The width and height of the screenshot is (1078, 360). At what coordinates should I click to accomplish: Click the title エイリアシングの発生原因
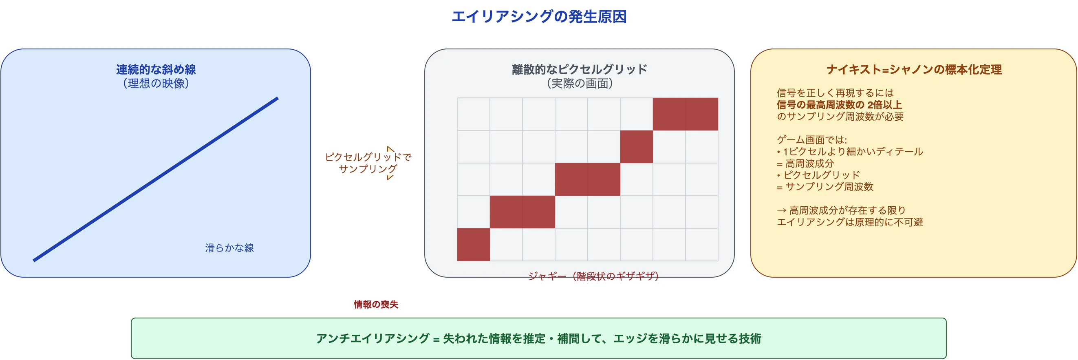[538, 17]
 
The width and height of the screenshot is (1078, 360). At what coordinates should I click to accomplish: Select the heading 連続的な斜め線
[156, 69]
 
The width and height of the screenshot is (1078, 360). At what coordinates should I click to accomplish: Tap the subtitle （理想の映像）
[156, 84]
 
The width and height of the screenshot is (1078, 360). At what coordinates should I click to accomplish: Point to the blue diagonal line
[156, 179]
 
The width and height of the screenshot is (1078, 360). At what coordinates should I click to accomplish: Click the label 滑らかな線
[229, 248]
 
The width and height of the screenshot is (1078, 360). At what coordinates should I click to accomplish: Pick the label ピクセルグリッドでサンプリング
[368, 163]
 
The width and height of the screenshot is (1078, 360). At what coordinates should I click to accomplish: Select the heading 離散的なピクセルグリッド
[579, 69]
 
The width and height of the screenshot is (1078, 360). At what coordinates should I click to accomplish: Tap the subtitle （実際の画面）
[579, 84]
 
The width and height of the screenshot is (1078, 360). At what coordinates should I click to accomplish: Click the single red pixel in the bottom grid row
[473, 245]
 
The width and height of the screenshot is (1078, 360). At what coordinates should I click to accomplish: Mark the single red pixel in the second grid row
[636, 146]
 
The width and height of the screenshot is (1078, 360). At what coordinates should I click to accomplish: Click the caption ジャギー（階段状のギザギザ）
[593, 276]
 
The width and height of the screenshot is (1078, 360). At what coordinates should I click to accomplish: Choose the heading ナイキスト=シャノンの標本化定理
[914, 69]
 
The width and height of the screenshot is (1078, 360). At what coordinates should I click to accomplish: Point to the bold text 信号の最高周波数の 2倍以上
[839, 105]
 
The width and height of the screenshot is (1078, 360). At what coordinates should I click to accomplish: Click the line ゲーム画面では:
[811, 140]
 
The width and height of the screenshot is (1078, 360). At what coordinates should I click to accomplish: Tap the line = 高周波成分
[806, 163]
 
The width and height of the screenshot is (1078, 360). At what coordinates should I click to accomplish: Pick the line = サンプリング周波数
[825, 187]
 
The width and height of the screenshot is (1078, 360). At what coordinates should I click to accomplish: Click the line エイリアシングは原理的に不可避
[849, 222]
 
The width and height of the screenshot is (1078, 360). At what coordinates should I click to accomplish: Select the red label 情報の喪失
[376, 304]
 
